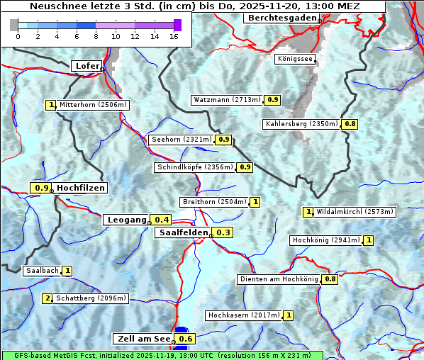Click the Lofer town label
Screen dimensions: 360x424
[87, 66]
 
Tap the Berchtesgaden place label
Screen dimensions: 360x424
[279, 17]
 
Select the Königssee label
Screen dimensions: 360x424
[295, 59]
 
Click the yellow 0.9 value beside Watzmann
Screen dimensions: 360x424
[273, 100]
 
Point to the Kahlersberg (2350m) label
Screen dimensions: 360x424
[301, 124]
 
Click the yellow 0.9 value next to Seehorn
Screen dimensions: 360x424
[224, 140]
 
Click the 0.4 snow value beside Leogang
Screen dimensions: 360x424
[162, 220]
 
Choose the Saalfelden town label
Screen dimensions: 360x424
[183, 232]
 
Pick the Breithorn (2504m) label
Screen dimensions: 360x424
[213, 202]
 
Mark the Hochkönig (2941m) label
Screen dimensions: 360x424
[325, 240]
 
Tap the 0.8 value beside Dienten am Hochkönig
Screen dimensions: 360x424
[330, 279]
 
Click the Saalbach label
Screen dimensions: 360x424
[41, 271]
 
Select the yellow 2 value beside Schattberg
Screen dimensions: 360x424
[48, 298]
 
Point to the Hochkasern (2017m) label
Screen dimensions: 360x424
[243, 315]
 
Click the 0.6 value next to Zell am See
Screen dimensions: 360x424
[186, 339]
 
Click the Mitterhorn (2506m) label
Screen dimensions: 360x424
[93, 105]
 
